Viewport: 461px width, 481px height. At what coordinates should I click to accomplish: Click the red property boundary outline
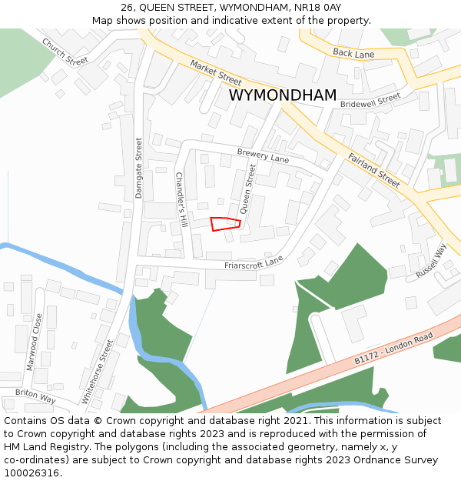coord(226,224)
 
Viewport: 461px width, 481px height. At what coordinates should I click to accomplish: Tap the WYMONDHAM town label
coord(283,95)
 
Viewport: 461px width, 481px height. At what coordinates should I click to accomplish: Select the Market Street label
coord(216,73)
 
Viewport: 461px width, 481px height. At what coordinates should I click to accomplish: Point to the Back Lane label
coord(353,52)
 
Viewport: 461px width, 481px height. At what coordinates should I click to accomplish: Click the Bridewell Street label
coord(370,101)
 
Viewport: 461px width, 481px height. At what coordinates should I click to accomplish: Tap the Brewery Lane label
coord(263,156)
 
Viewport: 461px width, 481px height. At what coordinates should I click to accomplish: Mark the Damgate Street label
coord(139,168)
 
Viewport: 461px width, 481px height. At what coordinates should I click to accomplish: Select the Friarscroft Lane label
coord(254,263)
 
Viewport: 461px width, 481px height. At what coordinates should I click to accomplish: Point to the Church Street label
coord(65,52)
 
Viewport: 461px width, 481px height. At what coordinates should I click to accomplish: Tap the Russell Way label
coord(431,262)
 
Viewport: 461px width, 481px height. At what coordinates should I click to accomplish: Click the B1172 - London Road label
coord(394,349)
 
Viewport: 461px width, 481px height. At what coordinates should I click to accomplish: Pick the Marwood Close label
coord(34,342)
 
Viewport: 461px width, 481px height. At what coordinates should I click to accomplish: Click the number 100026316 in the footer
coord(32,473)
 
